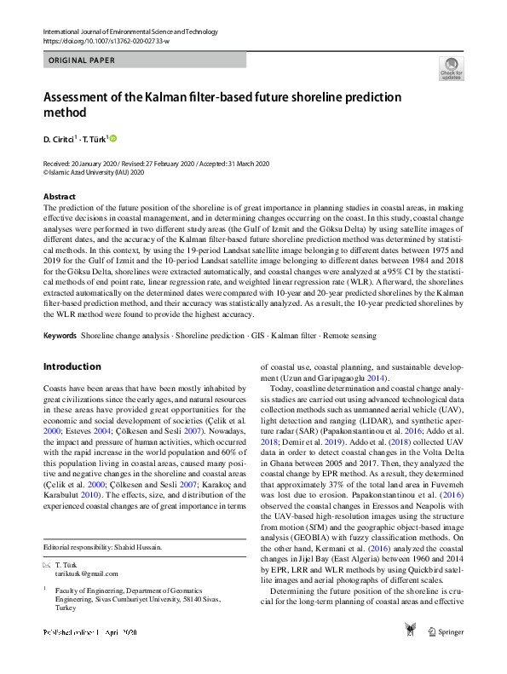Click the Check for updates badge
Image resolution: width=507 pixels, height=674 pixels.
(451, 68)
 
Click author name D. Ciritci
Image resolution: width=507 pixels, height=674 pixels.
(60, 138)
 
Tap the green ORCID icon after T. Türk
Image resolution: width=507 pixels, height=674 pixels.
(112, 137)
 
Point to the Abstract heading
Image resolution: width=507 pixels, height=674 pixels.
(58, 197)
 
